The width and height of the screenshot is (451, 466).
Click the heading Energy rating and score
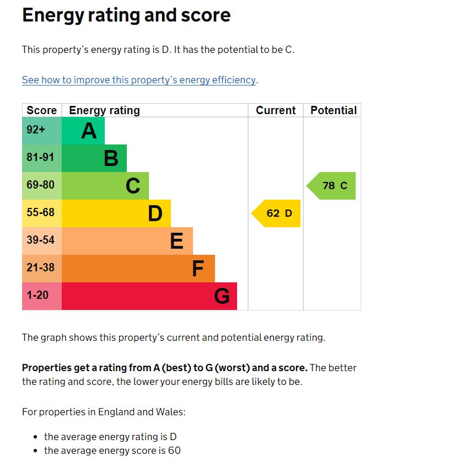pyautogui.click(x=126, y=15)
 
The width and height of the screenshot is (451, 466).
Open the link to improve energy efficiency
pyautogui.click(x=139, y=80)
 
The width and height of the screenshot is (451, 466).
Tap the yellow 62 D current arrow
pyautogui.click(x=277, y=213)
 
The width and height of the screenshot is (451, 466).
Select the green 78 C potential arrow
pyautogui.click(x=332, y=186)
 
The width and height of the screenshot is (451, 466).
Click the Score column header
pyautogui.click(x=42, y=110)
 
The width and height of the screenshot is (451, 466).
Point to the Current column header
pyautogui.click(x=276, y=110)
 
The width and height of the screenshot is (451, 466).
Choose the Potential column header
pyautogui.click(x=333, y=110)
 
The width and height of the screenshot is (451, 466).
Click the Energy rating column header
pyautogui.click(x=104, y=110)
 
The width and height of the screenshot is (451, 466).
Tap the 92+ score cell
pyautogui.click(x=36, y=130)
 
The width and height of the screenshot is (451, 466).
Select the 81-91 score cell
pyautogui.click(x=41, y=158)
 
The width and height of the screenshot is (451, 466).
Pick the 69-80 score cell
pyautogui.click(x=41, y=185)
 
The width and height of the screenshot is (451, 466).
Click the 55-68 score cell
pyautogui.click(x=41, y=213)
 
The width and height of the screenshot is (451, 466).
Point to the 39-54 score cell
pyautogui.click(x=41, y=240)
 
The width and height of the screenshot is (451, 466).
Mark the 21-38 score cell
pyautogui.click(x=41, y=268)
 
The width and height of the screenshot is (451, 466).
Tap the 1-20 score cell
pyautogui.click(x=37, y=296)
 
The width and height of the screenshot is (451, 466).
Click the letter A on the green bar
pyautogui.click(x=89, y=131)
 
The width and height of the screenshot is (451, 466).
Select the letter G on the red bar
pyautogui.click(x=222, y=297)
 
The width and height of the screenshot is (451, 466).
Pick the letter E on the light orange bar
pyautogui.click(x=176, y=242)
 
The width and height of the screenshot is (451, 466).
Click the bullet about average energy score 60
pyautogui.click(x=112, y=451)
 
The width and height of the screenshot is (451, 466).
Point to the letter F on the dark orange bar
pyautogui.click(x=198, y=269)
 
